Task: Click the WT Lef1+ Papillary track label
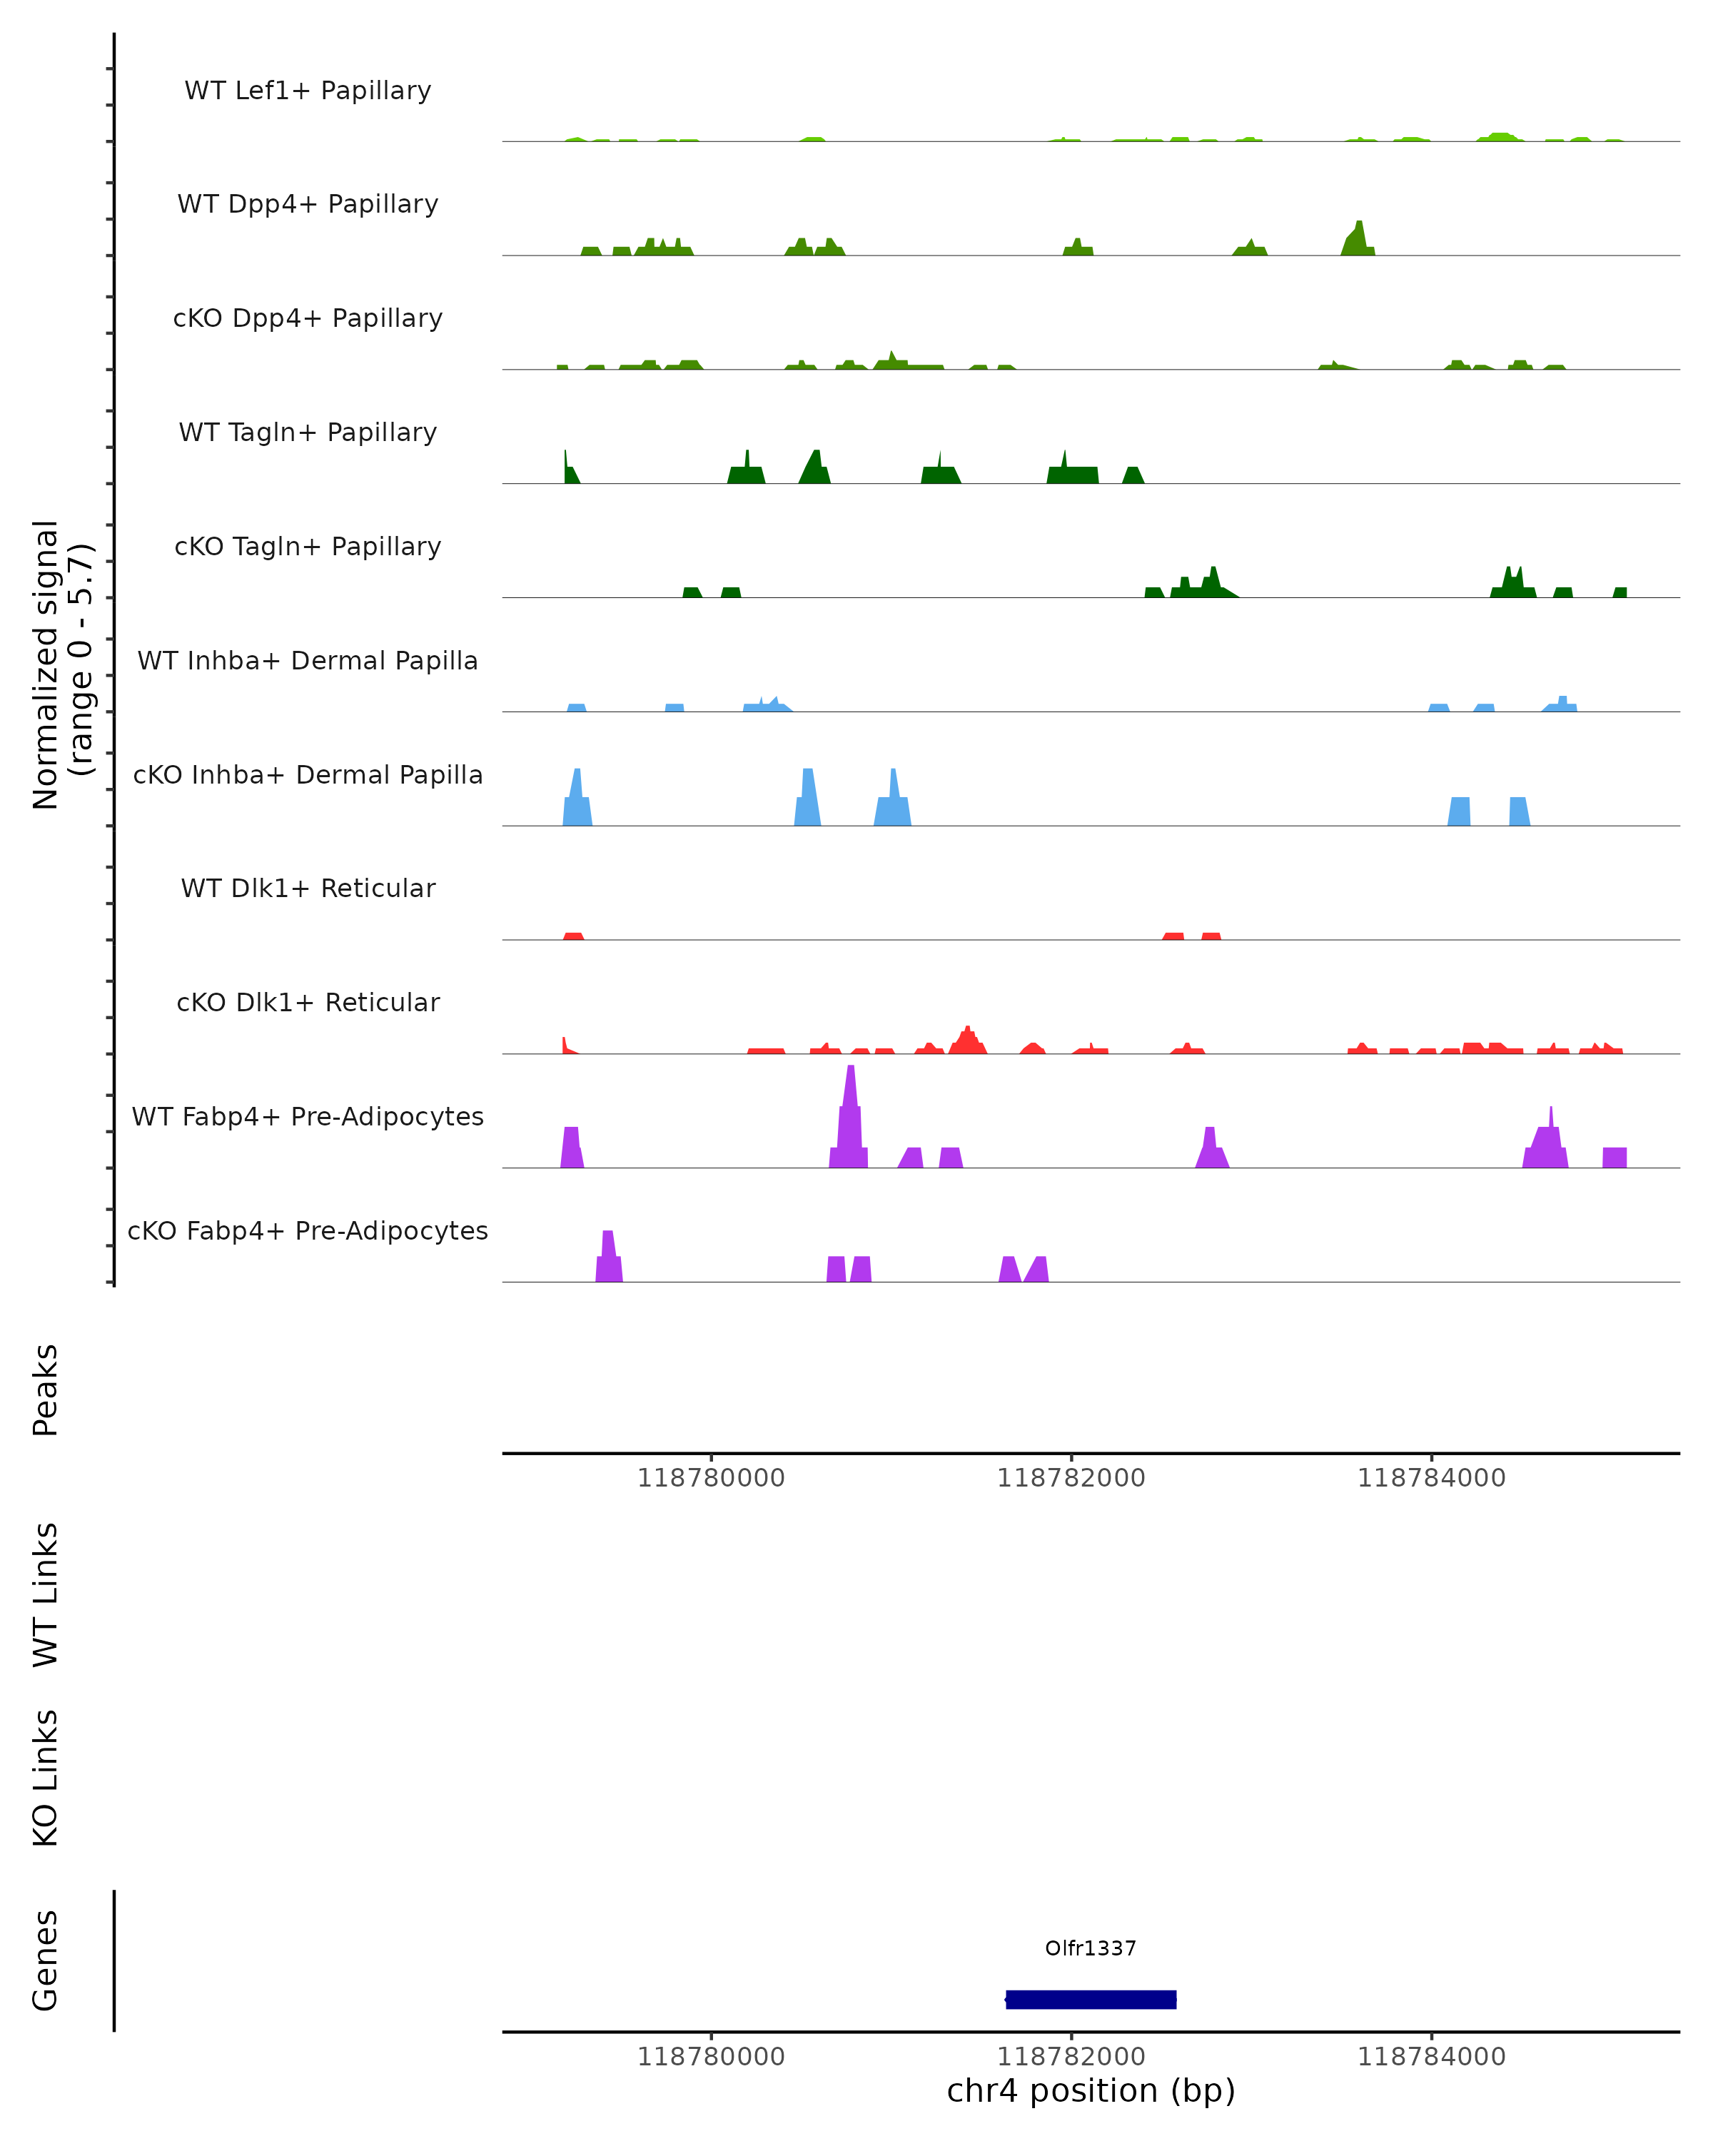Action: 308,91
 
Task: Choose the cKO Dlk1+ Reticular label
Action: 308,1002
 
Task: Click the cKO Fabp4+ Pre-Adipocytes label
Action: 308,1230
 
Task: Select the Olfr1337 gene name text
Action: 1091,1948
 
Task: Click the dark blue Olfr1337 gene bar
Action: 1091,1999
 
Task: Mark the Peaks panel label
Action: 46,1390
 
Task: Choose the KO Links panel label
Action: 46,1778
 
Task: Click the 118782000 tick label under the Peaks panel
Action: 1071,1478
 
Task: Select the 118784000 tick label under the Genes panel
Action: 1431,2057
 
